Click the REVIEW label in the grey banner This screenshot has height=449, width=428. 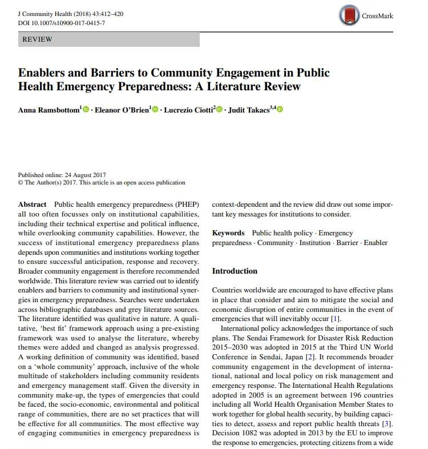37,39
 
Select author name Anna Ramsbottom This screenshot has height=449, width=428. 49,110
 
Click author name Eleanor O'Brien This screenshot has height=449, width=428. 122,110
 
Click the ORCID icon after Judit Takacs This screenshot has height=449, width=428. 280,109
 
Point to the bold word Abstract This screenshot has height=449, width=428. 33,204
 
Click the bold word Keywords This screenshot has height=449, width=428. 228,233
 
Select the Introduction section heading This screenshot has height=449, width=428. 235,271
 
